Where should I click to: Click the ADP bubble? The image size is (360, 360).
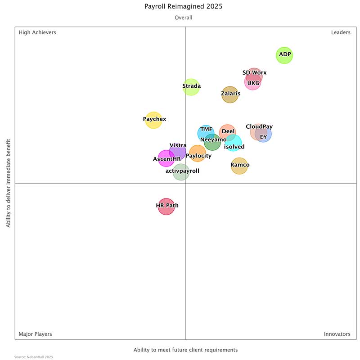pos(284,55)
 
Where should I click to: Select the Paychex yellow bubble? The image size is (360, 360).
pos(153,120)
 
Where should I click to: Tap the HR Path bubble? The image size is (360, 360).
pos(166,207)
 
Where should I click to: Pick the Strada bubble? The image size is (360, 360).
pos(191,87)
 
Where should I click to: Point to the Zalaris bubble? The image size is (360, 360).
pos(230,94)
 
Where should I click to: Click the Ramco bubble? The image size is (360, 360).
pos(239,166)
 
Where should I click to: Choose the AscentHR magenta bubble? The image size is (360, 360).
pos(166,158)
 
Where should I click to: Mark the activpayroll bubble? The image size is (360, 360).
pos(181,172)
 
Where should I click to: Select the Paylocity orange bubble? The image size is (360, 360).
pos(197,153)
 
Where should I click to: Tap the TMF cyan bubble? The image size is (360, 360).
pos(206,133)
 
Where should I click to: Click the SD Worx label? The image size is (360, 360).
pos(254,72)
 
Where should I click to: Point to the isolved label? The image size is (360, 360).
pos(234,147)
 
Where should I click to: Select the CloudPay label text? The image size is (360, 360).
pos(259,126)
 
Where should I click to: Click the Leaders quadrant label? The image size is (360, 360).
pos(341,32)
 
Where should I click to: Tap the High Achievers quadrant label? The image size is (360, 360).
pos(37,32)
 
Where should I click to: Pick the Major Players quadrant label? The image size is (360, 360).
pos(35,334)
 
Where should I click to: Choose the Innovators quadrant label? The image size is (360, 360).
pos(337,334)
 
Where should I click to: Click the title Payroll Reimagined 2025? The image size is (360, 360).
pos(184,7)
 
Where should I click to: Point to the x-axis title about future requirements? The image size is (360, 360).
pos(185,350)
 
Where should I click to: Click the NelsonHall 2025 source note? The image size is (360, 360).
pos(34,357)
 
